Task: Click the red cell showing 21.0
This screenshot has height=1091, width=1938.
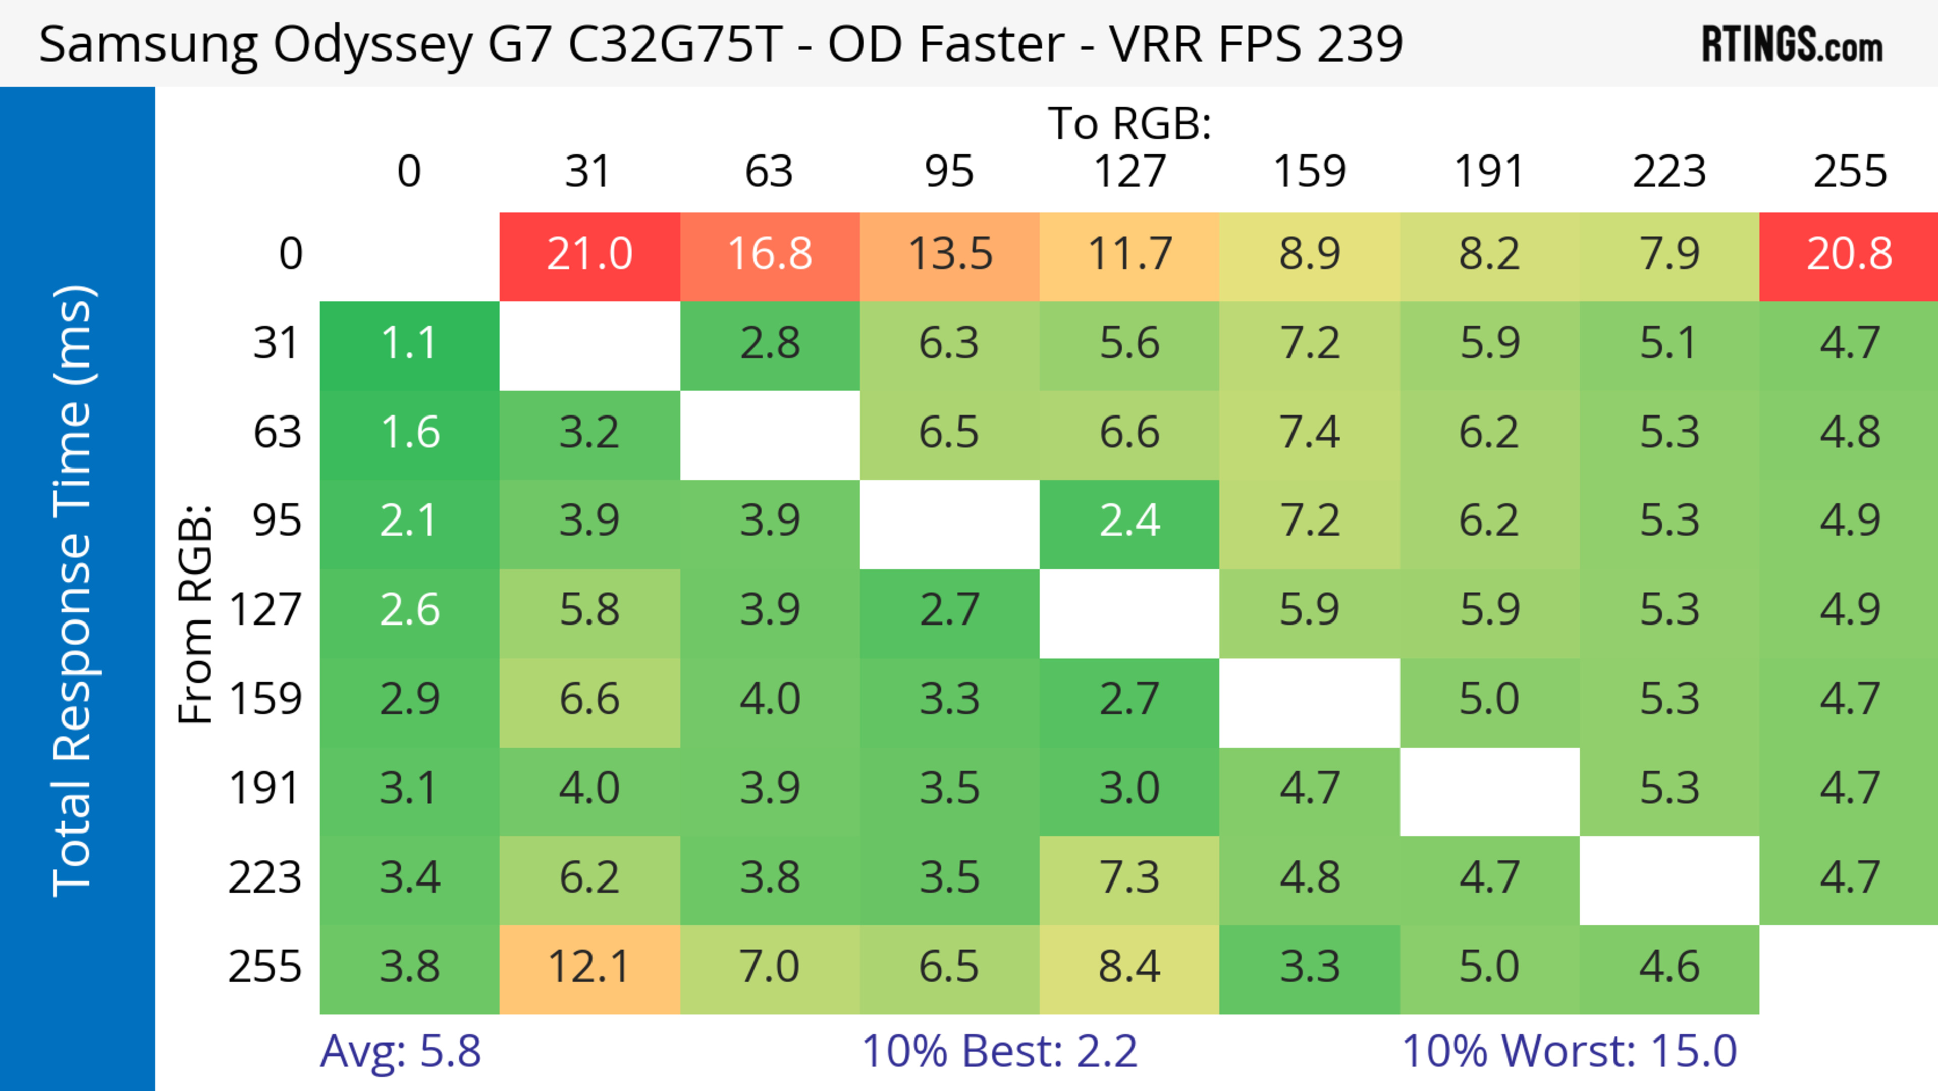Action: [x=589, y=254]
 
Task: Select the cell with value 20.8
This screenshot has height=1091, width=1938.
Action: [x=1849, y=254]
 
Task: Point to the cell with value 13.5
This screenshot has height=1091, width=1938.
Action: [x=949, y=254]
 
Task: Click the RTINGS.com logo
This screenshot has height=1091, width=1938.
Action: [x=1792, y=45]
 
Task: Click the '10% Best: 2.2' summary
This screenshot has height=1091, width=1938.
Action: [x=999, y=1051]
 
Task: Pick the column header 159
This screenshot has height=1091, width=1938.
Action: [x=1309, y=172]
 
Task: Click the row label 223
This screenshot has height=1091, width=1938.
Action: [x=265, y=878]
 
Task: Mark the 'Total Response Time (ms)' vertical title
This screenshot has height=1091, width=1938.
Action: [x=74, y=591]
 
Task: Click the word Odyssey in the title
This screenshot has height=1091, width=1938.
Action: [x=372, y=45]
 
